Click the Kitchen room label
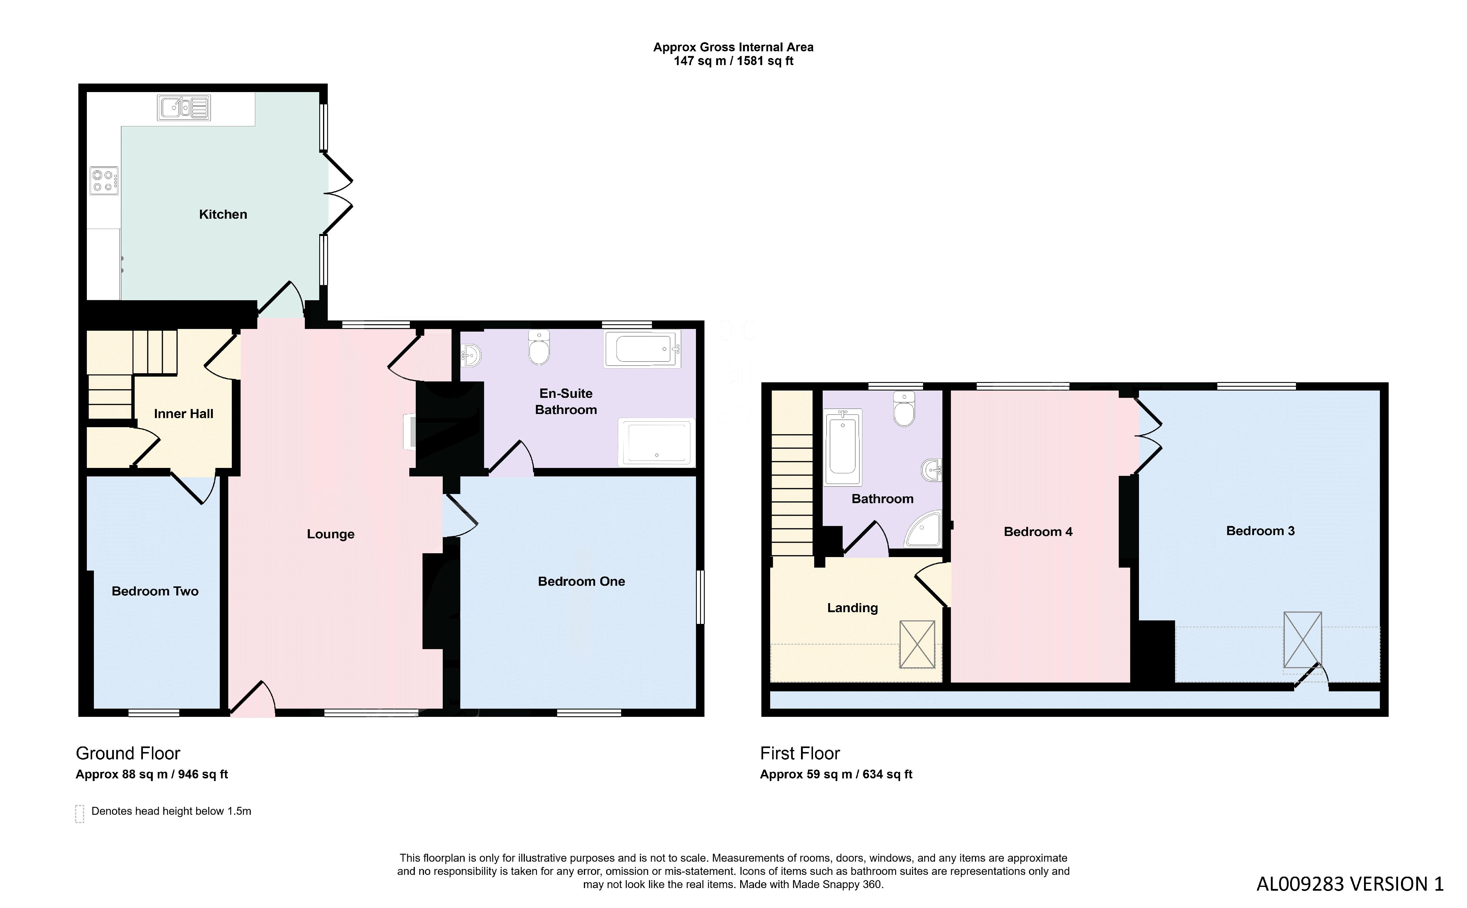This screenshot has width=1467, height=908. coord(223,214)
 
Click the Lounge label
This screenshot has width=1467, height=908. coord(331,534)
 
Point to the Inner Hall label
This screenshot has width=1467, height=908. coord(183,414)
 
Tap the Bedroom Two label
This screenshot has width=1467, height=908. coord(155,591)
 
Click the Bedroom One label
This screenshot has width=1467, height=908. coord(581,581)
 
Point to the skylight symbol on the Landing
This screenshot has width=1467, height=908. coord(917,644)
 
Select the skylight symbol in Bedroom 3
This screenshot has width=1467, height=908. coord(1302,639)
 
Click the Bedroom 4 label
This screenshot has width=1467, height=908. coord(1038,532)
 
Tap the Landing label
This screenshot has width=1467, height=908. coord(852,608)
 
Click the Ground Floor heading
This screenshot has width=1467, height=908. coord(128,753)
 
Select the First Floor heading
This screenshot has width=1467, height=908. coord(800,753)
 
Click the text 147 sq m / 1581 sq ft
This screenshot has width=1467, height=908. coord(733,61)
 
